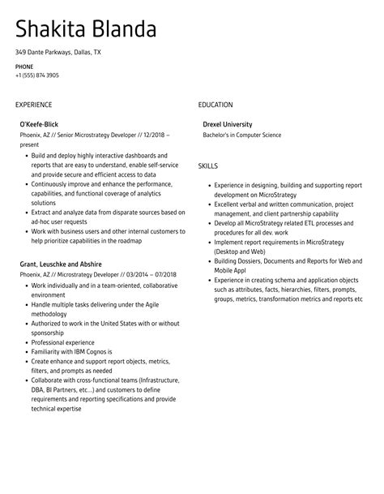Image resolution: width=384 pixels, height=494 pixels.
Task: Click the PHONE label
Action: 23,67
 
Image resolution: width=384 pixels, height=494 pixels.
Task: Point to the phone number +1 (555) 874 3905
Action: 36,75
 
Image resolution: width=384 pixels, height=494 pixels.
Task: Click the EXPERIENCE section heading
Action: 33,105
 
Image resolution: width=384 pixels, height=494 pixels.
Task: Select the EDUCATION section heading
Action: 215,105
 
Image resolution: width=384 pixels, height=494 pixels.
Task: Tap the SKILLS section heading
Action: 207,165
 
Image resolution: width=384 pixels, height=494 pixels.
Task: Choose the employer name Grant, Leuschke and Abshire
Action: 61,264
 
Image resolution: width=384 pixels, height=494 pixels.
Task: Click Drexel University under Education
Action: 228,125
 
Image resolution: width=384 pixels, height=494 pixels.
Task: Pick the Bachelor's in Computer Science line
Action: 242,135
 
